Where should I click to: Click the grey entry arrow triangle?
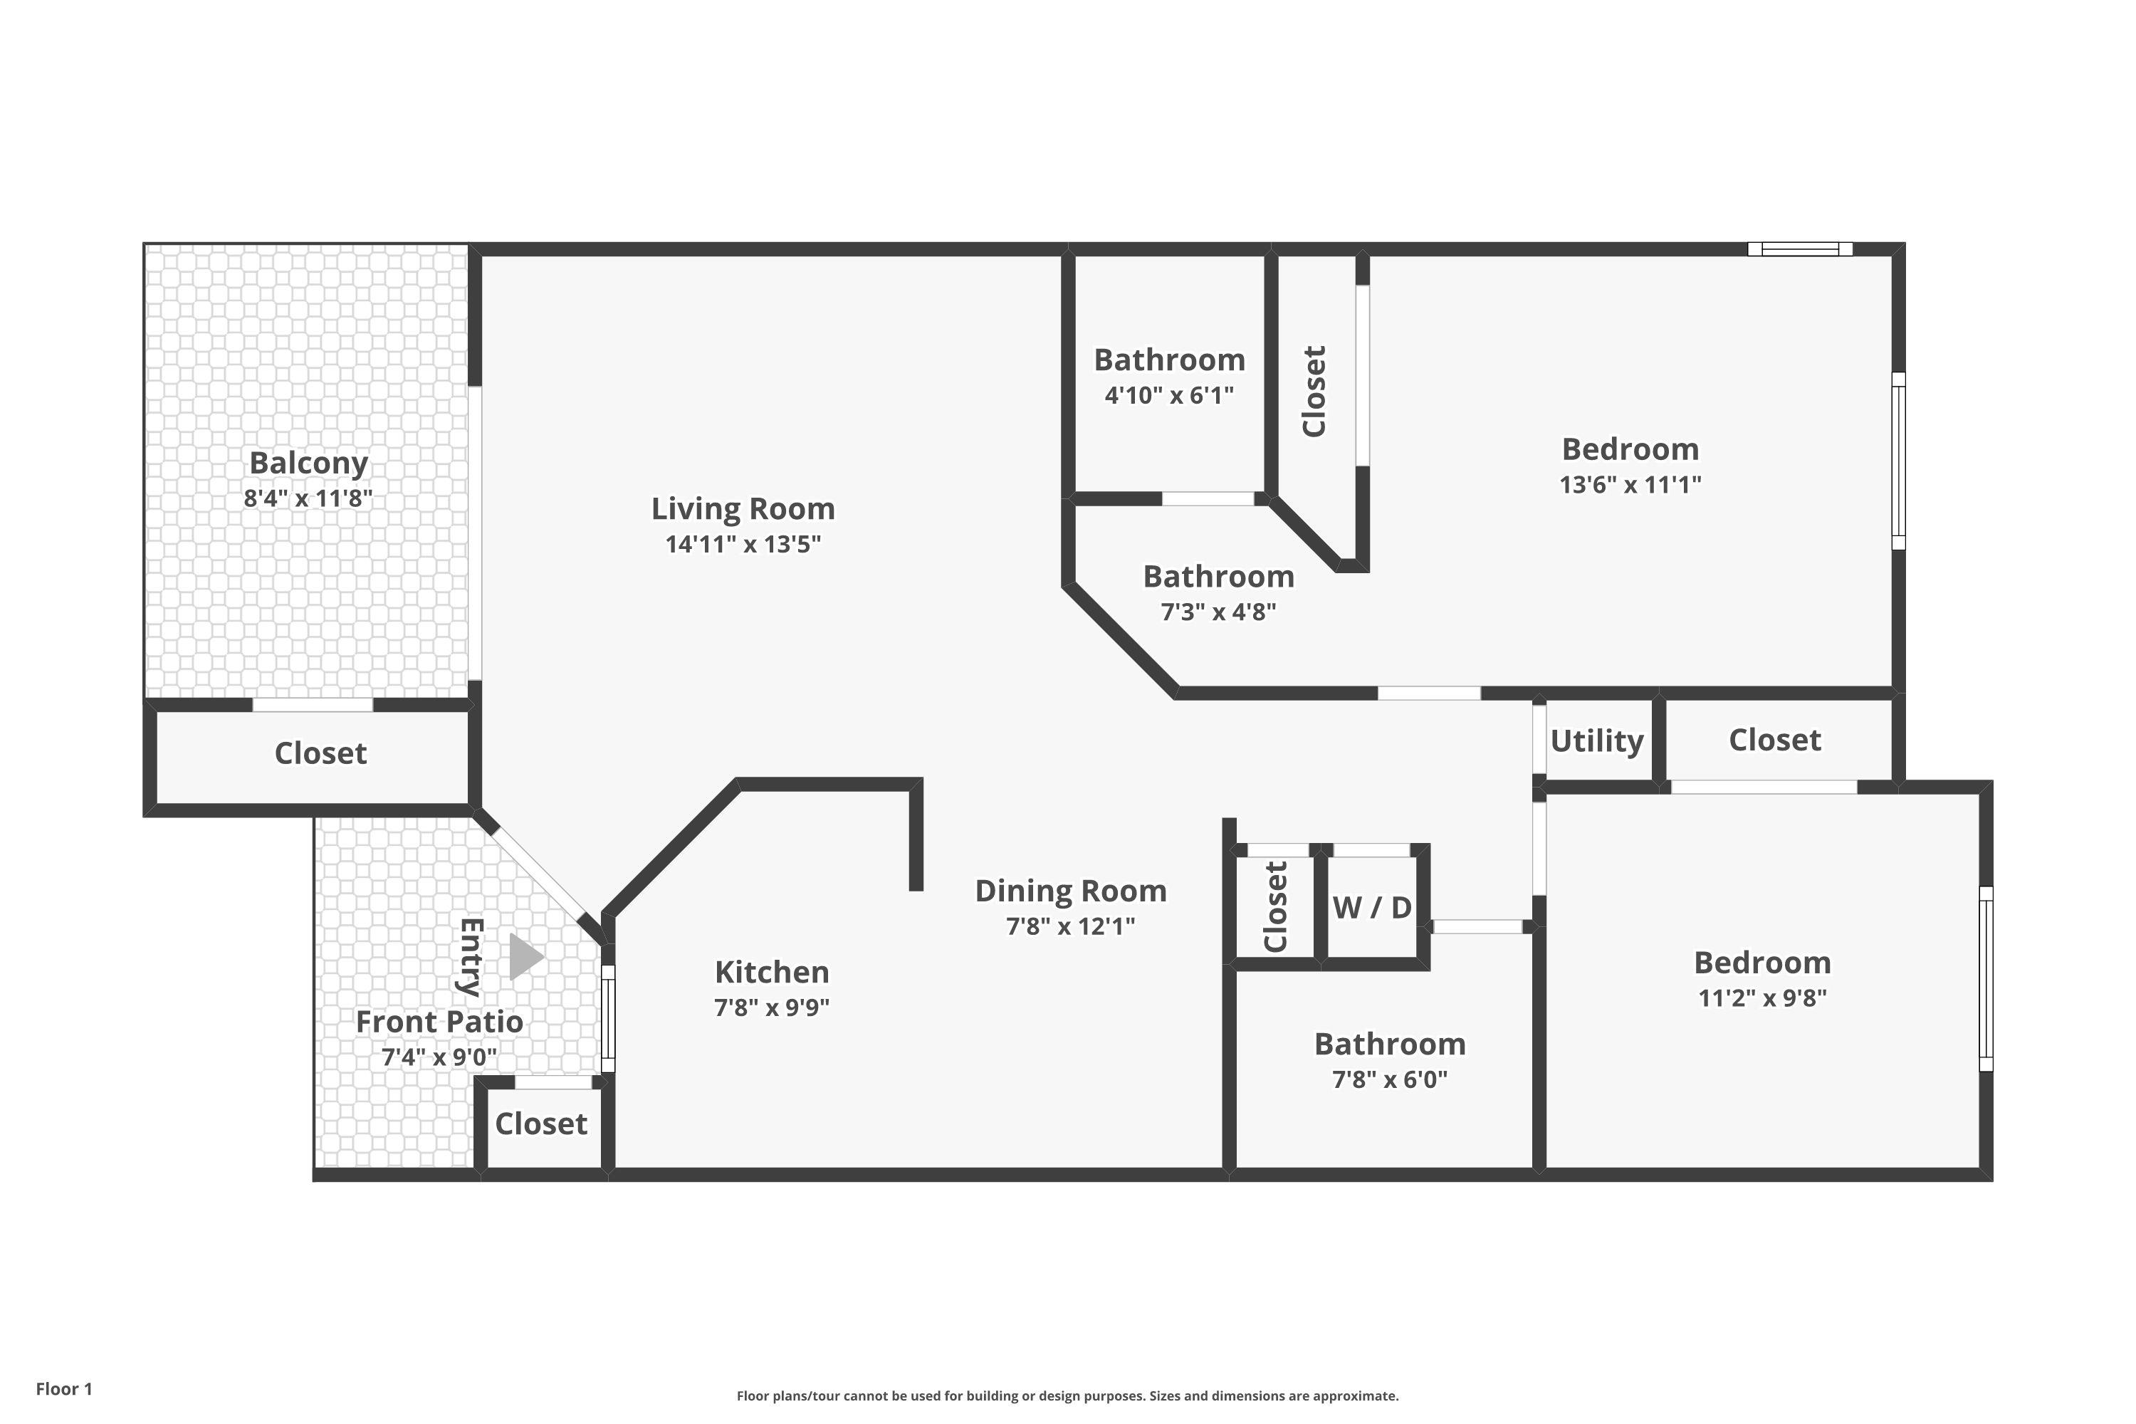525,957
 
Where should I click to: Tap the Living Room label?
743,508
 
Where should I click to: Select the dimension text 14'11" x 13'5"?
743,545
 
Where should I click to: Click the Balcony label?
309,464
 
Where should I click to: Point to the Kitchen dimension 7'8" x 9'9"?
772,1008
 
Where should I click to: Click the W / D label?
1372,907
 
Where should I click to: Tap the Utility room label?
1596,741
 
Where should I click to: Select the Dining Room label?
1071,891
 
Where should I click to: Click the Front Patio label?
439,1022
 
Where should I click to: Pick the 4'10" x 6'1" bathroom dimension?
1169,396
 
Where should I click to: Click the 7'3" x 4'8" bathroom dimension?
1218,612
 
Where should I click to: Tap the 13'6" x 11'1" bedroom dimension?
1630,485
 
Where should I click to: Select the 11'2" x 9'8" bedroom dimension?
1761,998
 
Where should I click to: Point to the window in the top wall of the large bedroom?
1799,248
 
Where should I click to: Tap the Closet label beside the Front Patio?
541,1124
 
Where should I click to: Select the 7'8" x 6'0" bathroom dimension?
1390,1080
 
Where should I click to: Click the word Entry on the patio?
471,956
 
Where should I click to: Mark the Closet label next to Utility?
1774,740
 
